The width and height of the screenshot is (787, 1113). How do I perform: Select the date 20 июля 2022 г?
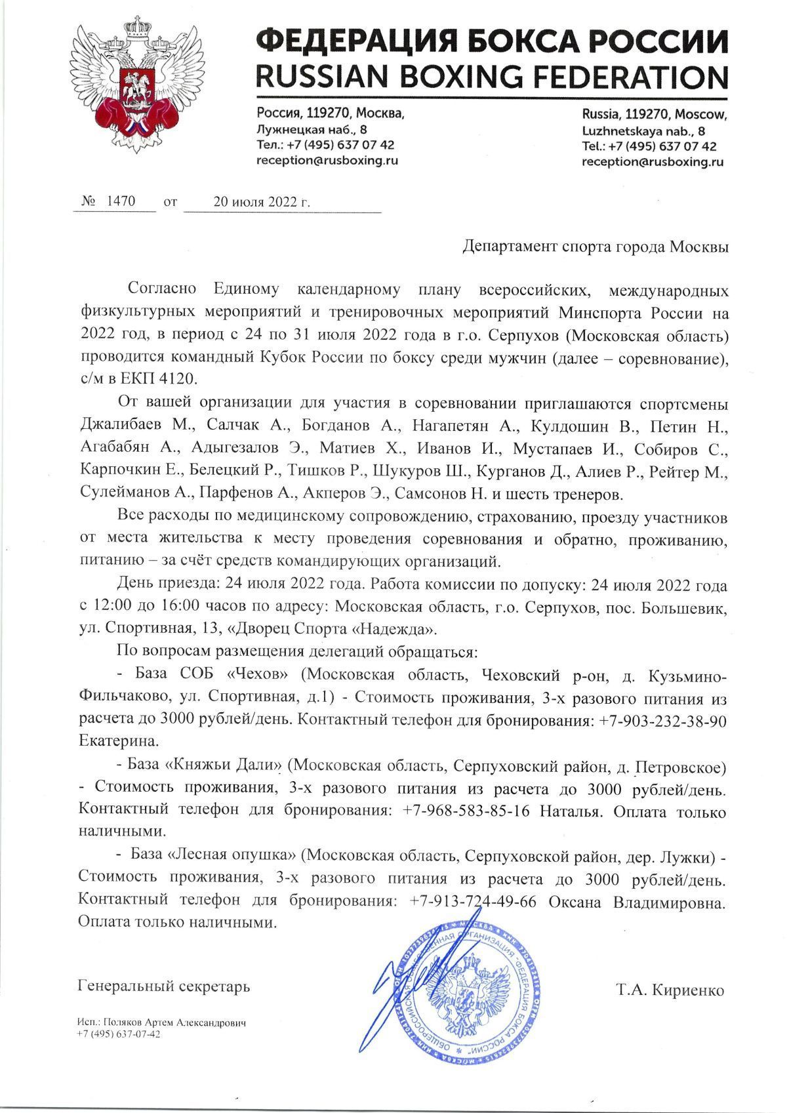[x=262, y=202]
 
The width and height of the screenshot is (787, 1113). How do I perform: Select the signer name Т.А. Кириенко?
[x=670, y=990]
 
